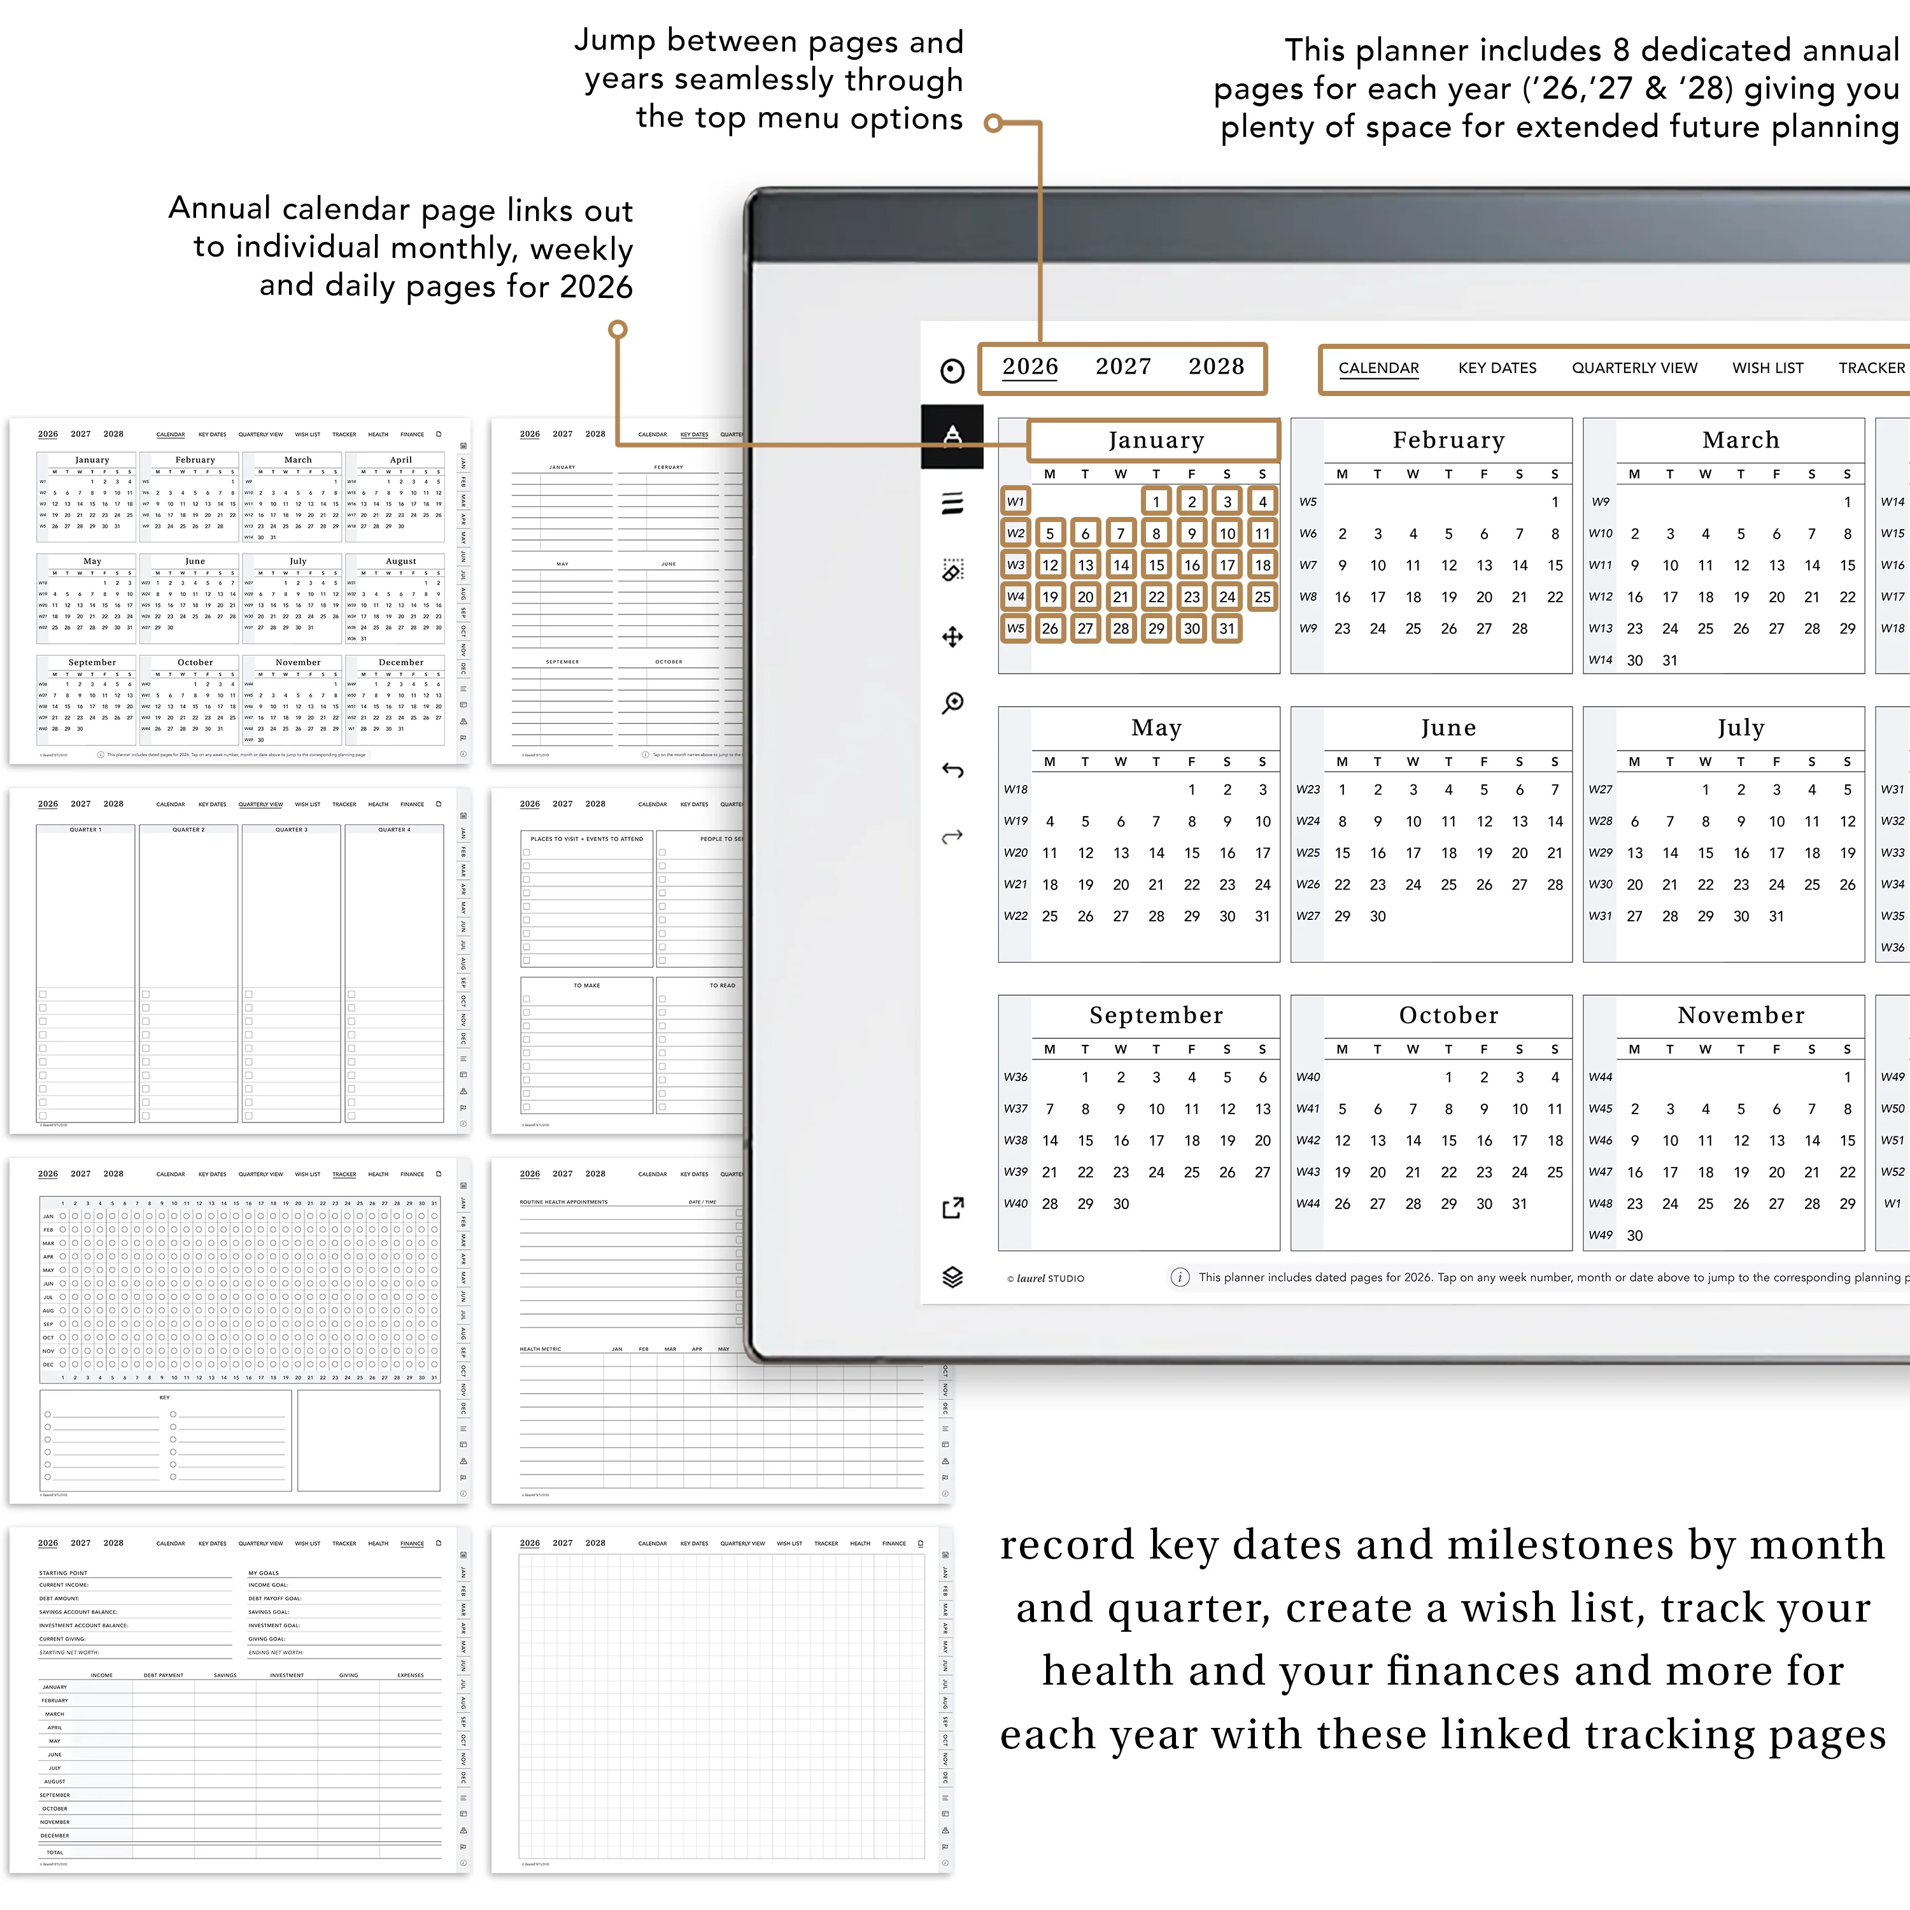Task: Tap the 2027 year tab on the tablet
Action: (1123, 367)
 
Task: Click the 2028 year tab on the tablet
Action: (1216, 367)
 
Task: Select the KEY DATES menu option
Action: (1497, 368)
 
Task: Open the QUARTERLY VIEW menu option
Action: (1634, 368)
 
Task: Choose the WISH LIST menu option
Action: (1767, 368)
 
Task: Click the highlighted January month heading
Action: (1156, 440)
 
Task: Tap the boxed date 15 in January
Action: (1156, 565)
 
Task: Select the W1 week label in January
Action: (1015, 501)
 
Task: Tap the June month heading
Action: (1448, 728)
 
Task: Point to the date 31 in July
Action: (1776, 916)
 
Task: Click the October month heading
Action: (1448, 1015)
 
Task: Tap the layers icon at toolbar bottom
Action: (952, 1277)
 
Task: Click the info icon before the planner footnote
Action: (1179, 1277)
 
